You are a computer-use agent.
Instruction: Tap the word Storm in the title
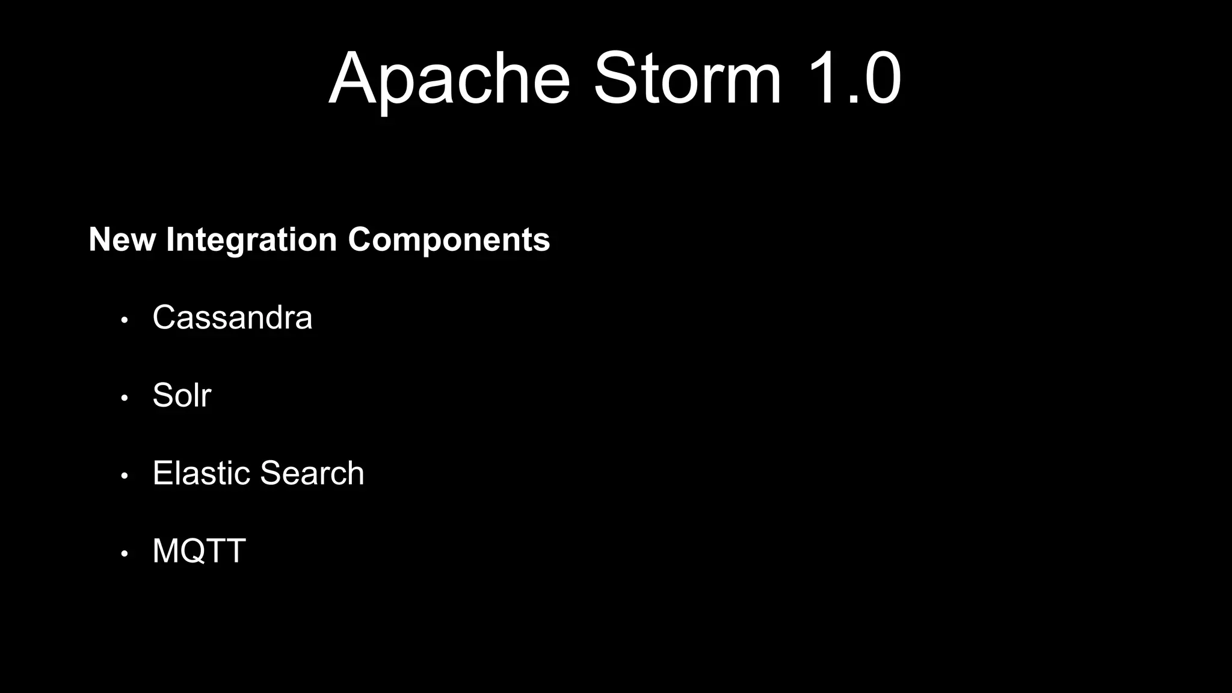coord(688,79)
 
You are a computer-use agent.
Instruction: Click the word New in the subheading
coord(122,239)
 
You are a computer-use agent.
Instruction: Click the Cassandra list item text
coord(232,317)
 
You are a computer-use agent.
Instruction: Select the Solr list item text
coord(182,395)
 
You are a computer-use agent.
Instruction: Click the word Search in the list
coord(312,473)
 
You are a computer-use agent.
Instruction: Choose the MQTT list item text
coord(199,551)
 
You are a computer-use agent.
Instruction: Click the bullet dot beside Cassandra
coord(125,320)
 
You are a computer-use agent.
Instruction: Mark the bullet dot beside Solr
coord(125,398)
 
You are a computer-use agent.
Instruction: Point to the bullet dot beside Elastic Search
coord(125,476)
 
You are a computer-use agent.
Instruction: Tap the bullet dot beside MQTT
coord(125,553)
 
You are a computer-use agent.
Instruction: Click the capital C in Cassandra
coord(165,317)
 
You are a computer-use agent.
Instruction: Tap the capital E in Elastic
coord(162,473)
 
